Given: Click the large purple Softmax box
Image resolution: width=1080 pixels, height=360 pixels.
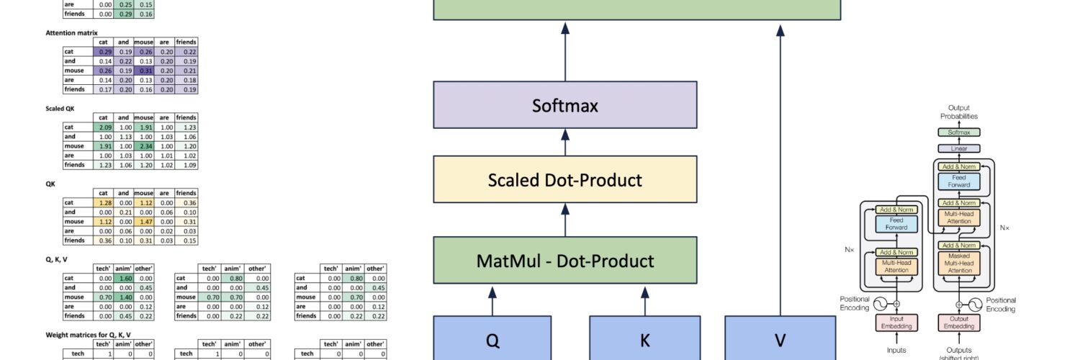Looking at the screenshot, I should [565, 105].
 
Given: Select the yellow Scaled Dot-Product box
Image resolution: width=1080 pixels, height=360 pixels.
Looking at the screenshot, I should [565, 179].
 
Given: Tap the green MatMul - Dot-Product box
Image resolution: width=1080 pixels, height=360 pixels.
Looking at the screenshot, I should [565, 260].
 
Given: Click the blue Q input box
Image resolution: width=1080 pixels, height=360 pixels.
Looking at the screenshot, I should [492, 340].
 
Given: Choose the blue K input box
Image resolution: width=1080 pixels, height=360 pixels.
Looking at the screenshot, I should [645, 340].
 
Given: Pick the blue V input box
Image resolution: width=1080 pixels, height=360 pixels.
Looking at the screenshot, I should [780, 340].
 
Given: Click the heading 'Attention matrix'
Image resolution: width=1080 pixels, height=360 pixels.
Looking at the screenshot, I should [71, 33].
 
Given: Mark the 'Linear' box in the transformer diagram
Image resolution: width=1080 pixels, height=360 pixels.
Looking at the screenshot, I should [958, 148].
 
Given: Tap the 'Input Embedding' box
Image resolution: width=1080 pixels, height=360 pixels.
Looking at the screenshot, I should [897, 323].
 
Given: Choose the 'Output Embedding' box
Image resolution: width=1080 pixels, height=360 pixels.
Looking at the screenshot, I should [958, 323].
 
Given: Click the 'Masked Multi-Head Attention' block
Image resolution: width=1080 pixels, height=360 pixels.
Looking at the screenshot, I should [958, 262].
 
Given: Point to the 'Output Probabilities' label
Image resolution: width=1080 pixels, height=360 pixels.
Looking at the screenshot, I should [958, 112].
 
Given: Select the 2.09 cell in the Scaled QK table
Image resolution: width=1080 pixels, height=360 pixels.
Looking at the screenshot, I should [105, 127].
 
